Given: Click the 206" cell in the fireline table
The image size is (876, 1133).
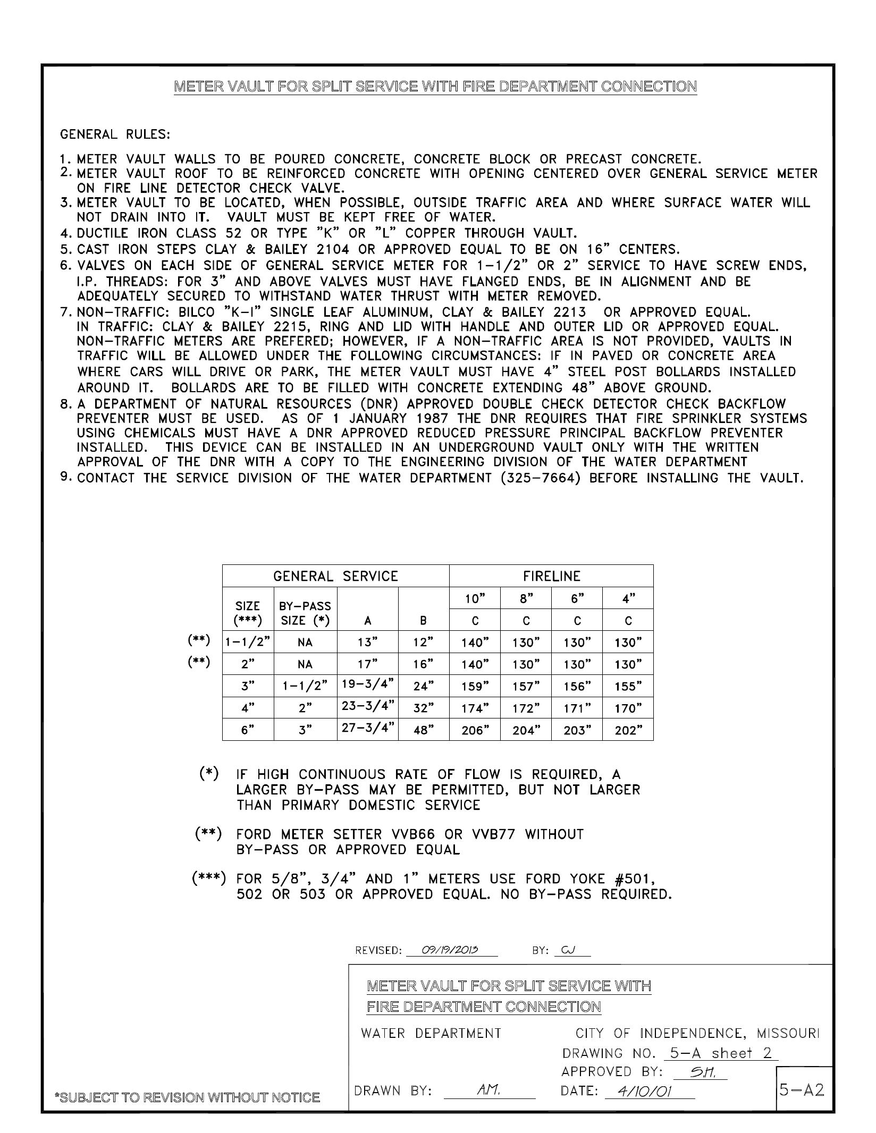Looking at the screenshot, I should click(x=475, y=730).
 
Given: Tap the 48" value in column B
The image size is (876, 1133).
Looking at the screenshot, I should click(x=424, y=730).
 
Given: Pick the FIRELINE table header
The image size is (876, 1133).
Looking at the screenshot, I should click(x=551, y=576).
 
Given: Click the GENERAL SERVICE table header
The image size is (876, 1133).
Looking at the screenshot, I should click(x=335, y=576).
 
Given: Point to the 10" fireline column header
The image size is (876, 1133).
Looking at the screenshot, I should click(x=475, y=599).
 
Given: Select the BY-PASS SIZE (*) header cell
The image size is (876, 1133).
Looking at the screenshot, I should click(x=305, y=613).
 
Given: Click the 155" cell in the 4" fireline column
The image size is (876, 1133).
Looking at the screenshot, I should click(x=628, y=687).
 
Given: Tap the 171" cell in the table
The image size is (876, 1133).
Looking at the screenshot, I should click(x=577, y=708).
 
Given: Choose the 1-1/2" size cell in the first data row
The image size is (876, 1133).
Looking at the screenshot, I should click(x=248, y=642).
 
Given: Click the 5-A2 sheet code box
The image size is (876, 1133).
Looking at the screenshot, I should click(x=802, y=1090).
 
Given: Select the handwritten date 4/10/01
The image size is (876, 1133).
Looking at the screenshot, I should click(x=638, y=1092).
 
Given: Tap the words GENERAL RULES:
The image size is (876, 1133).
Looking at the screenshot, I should click(x=115, y=134).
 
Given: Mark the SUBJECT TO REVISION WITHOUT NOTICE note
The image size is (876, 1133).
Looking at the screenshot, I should click(x=188, y=1097).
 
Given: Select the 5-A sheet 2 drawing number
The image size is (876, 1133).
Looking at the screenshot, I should click(x=721, y=1053).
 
